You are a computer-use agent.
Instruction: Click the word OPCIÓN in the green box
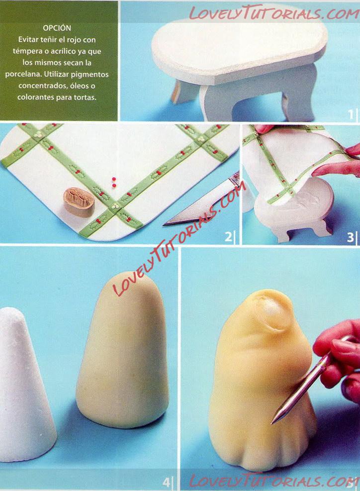pyautogui.click(x=57, y=28)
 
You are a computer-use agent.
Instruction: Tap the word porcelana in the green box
pyautogui.click(x=23, y=75)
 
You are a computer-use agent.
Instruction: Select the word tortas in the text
pyautogui.click(x=85, y=98)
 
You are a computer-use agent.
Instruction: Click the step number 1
pyautogui.click(x=351, y=114)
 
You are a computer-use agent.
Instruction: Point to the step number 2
pyautogui.click(x=229, y=236)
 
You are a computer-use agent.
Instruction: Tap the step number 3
pyautogui.click(x=350, y=237)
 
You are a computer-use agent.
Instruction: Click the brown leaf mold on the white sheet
pyautogui.click(x=79, y=201)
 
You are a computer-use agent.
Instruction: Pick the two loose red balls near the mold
pyautogui.click(x=114, y=182)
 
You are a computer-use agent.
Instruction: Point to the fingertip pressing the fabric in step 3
pyautogui.click(x=318, y=171)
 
